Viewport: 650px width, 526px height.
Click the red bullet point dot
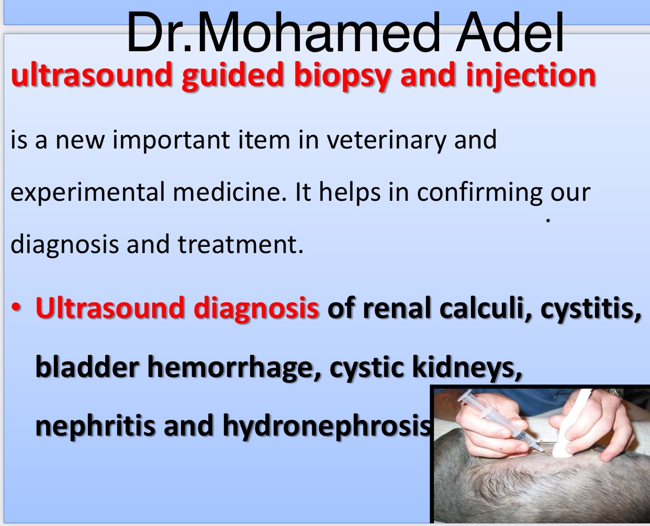[16, 308]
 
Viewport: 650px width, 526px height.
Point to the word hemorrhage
[234, 368]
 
